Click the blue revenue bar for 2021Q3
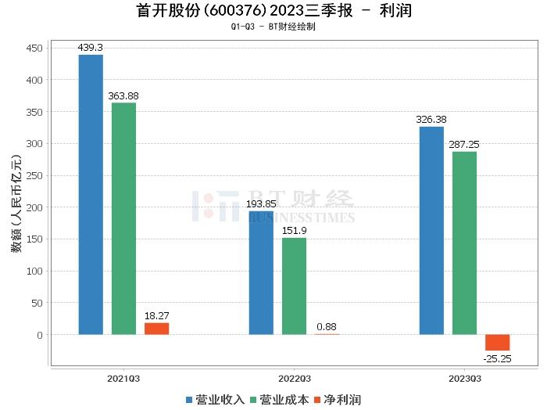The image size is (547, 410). coord(91,195)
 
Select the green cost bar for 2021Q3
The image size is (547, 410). coord(123,218)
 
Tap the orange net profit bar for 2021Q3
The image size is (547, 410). coord(156,329)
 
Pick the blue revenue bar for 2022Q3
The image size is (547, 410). coord(261,273)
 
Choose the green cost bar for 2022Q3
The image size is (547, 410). coord(294,286)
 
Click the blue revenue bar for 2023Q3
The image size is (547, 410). coord(431,231)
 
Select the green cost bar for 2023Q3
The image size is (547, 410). coord(464,243)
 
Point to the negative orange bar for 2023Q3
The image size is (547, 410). coord(497,343)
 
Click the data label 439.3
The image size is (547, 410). coord(91,48)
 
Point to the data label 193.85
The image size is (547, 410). coord(261,204)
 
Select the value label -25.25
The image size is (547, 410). coord(497,358)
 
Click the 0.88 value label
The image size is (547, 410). coord(327,326)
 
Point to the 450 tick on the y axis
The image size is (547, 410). coord(34,48)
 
